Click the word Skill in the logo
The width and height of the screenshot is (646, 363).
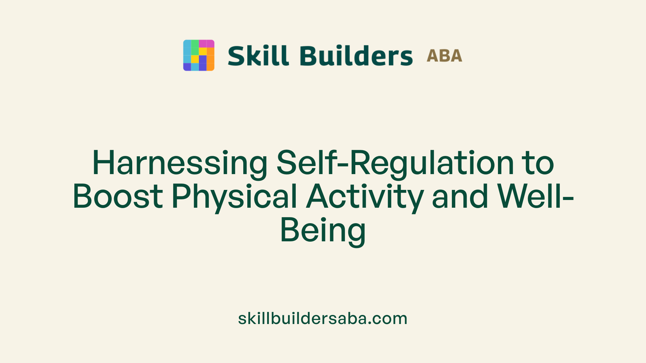coord(258,56)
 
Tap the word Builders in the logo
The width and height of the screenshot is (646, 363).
coord(356,56)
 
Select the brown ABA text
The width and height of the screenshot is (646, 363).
coord(444,56)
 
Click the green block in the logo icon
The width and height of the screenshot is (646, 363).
coord(195,47)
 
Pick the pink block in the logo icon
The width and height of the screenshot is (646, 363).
coord(206,44)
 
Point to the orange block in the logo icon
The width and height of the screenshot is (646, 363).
coord(210,59)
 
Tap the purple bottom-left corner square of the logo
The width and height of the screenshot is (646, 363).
coord(187,67)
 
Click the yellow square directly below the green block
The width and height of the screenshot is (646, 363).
coord(195,59)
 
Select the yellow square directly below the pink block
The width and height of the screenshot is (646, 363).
coord(203,51)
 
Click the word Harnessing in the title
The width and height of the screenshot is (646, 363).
coord(180,163)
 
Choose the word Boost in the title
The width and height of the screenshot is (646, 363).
coord(118,197)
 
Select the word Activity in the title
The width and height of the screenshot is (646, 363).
coord(365,197)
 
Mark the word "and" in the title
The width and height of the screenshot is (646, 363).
coord(460,197)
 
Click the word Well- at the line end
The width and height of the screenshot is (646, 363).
coord(535,197)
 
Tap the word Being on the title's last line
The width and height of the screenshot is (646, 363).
coord(323,231)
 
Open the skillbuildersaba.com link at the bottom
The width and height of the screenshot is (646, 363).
coord(323,318)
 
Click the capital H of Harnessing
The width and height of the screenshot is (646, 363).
coord(103,163)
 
